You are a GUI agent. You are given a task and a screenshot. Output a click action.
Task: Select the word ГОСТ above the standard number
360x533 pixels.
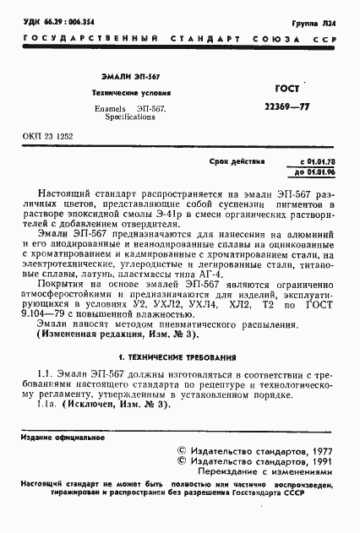pyautogui.click(x=290, y=88)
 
